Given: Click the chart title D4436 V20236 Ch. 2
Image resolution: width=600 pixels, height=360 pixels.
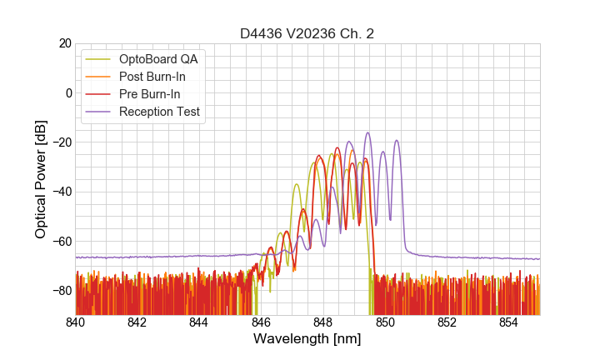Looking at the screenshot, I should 307,33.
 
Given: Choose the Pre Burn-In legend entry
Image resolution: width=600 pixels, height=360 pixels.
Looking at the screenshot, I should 150,94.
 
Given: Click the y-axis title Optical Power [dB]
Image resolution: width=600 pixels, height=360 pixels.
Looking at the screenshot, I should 41,179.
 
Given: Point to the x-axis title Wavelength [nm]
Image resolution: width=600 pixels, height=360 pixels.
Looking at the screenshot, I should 307,339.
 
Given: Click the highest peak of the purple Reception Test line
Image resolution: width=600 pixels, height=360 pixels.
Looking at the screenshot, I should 367,132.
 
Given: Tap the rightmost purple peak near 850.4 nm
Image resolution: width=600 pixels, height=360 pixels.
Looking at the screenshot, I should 397,141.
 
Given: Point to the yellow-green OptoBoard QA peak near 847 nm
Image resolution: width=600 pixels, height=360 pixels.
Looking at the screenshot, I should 296,184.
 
